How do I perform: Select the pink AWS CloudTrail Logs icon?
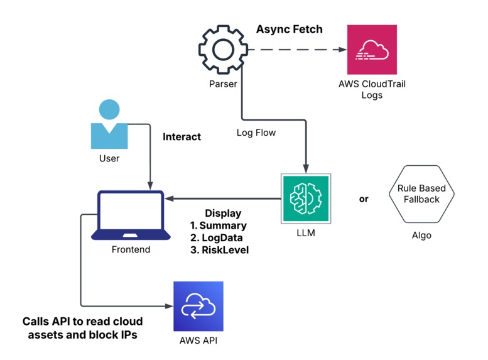372,50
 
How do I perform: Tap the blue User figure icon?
109,123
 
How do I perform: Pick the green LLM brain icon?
305,198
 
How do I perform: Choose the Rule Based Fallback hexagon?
421,194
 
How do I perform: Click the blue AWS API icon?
198,306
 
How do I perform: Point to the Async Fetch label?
289,29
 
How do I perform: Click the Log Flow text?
256,133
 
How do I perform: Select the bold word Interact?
182,136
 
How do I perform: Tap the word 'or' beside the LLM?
364,199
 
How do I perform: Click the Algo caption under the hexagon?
421,236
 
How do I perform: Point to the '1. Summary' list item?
218,226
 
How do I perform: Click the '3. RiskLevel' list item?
219,249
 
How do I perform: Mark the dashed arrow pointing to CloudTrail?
295,50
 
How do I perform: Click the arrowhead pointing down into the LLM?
305,168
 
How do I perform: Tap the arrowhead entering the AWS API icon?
168,306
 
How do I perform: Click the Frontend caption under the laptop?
131,249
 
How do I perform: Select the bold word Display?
223,214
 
